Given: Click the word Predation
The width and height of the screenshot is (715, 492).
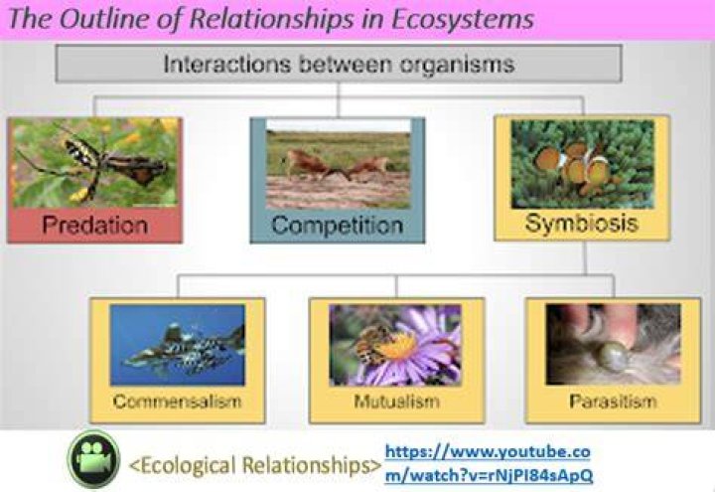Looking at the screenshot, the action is click(95, 225).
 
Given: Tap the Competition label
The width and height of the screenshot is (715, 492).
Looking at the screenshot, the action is click(338, 226).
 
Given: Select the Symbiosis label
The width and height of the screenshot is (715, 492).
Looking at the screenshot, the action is click(581, 224).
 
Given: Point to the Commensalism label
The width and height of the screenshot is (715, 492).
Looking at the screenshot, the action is click(178, 402).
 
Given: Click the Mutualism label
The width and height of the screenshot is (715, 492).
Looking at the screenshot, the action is click(396, 402).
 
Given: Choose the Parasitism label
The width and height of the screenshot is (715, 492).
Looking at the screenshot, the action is click(614, 402).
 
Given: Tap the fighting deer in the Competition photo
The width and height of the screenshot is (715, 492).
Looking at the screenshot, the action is click(338, 167).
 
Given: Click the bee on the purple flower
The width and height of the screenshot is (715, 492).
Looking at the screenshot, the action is click(371, 342).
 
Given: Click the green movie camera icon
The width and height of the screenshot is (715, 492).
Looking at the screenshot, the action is click(94, 459).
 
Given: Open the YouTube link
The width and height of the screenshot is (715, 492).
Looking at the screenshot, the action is click(489, 463).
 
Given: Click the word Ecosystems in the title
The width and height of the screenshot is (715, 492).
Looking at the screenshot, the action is click(463, 20).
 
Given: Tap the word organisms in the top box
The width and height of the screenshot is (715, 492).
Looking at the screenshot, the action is click(457, 65).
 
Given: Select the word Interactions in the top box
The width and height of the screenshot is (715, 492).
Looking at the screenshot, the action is click(227, 64).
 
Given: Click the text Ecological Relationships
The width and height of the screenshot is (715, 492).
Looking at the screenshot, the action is click(255, 465).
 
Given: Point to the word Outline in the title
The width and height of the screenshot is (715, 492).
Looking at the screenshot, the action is click(103, 20).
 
